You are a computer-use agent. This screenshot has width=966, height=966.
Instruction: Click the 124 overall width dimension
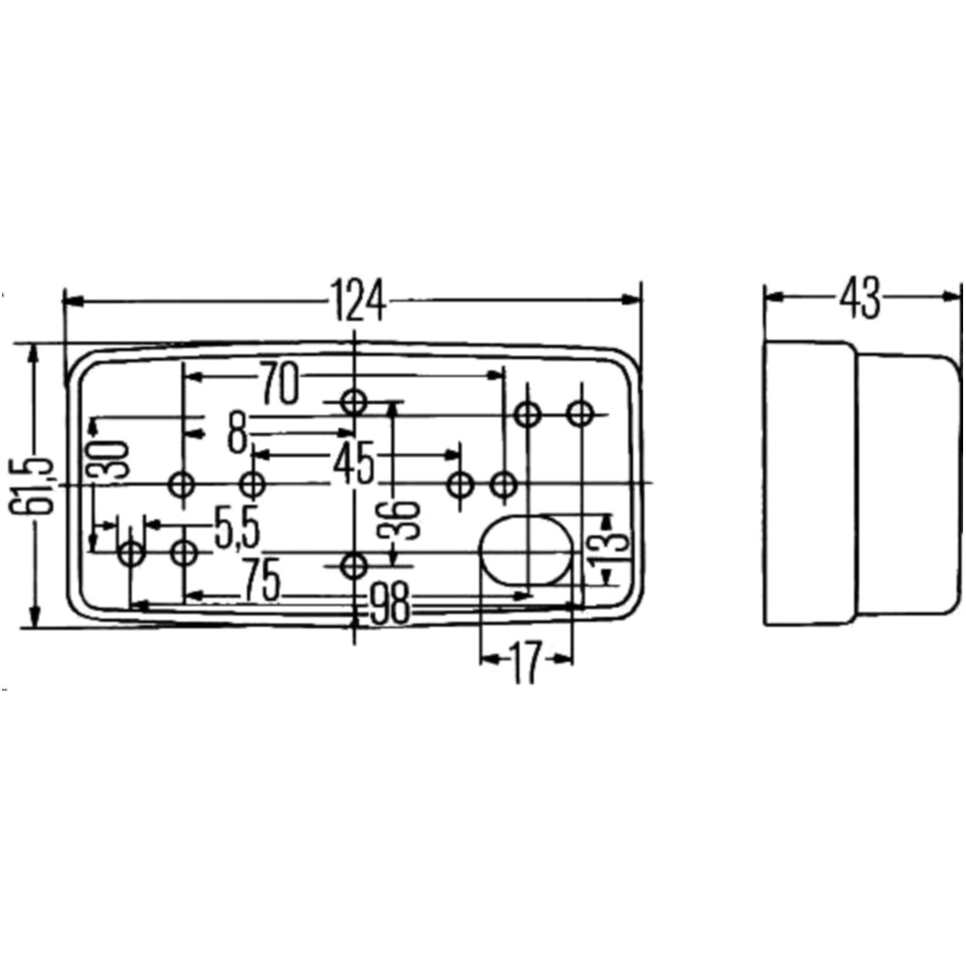click(356, 299)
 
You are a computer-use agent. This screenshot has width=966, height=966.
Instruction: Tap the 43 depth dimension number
click(859, 299)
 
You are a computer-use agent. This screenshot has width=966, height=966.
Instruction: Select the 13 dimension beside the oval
click(604, 546)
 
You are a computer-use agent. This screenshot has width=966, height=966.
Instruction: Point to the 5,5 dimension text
click(238, 529)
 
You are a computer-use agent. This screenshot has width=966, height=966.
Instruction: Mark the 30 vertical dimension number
click(112, 460)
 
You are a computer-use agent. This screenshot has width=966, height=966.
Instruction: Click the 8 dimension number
click(237, 432)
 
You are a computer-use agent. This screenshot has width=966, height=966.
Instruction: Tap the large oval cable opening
click(526, 549)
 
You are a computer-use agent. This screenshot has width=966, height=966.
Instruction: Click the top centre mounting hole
click(355, 401)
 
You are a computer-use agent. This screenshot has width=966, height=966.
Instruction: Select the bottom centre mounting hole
click(355, 565)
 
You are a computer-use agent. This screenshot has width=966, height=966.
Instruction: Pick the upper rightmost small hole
click(580, 414)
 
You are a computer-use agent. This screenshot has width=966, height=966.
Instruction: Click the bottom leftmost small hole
click(130, 554)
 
